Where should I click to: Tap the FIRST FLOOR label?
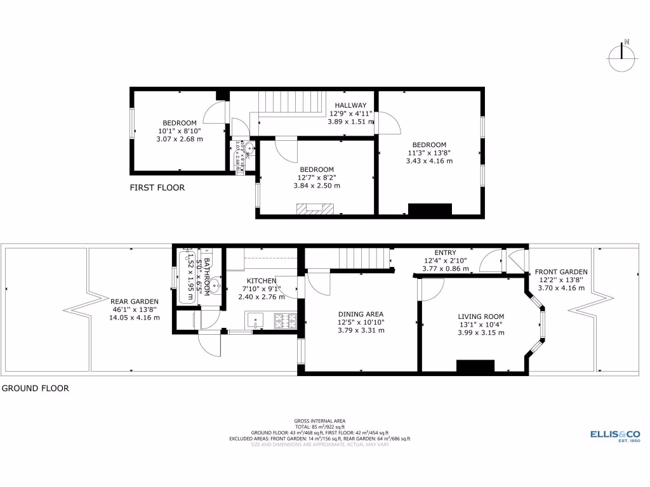click(157, 188)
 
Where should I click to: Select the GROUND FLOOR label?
click(35, 388)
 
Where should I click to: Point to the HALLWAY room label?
click(350, 105)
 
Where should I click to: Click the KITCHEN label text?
click(261, 281)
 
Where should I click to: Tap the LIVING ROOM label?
click(481, 316)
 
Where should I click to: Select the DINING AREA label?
click(361, 314)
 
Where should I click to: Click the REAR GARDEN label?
click(135, 302)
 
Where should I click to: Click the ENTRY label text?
click(445, 253)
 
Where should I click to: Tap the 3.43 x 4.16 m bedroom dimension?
click(429, 161)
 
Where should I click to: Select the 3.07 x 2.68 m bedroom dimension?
click(180, 139)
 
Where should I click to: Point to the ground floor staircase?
click(359, 259)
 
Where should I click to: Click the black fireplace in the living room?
click(475, 366)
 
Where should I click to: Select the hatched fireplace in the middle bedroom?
click(314, 209)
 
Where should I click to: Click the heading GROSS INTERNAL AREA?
click(320, 421)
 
